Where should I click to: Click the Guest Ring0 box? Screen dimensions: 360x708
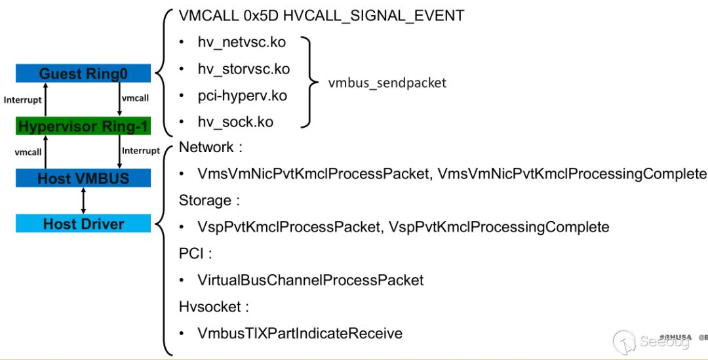tap(83, 73)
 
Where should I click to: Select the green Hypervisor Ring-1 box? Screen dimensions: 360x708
tap(83, 126)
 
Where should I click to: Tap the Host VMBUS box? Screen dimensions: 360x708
tap(83, 178)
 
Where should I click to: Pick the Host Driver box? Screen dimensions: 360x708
tap(83, 224)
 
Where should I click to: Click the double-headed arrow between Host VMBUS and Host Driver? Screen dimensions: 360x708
tap(83, 201)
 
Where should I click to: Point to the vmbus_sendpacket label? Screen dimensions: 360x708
tap(387, 83)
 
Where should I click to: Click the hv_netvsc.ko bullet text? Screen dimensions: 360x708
tap(242, 43)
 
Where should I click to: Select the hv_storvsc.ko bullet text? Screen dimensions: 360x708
tap(244, 69)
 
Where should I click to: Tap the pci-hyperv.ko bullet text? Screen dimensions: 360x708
tap(243, 96)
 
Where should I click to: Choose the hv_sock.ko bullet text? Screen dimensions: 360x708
tap(235, 122)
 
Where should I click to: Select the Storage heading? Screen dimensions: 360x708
tap(205, 200)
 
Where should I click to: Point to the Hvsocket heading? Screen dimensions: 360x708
tap(210, 306)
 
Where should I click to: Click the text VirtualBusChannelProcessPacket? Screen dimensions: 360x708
tap(311, 280)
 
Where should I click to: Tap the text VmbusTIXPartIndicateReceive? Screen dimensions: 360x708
tap(300, 333)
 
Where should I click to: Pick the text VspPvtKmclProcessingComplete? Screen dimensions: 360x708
tap(499, 227)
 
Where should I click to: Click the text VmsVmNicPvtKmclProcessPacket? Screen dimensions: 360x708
tap(313, 174)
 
